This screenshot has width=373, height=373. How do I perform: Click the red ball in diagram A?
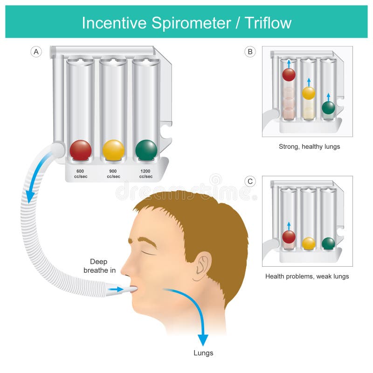click(x=80, y=150)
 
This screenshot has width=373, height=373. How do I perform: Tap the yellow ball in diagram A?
click(x=113, y=150)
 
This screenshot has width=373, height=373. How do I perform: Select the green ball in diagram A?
click(x=146, y=150)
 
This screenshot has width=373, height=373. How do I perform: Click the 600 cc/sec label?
click(x=80, y=173)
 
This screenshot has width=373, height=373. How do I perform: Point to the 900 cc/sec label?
click(x=113, y=173)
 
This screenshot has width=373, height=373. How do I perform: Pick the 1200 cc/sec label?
click(x=146, y=173)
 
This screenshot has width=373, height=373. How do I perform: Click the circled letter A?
click(x=36, y=52)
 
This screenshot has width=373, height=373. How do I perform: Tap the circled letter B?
click(x=250, y=52)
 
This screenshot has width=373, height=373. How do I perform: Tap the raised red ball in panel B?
click(x=289, y=75)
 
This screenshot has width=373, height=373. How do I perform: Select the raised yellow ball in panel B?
click(x=308, y=93)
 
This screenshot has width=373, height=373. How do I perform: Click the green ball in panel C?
click(x=328, y=243)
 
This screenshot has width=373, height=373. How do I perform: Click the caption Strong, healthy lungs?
click(x=309, y=146)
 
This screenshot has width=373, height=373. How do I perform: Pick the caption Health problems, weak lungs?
click(x=307, y=276)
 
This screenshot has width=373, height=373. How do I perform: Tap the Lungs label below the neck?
click(x=203, y=352)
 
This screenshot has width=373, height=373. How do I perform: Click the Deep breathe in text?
click(x=99, y=266)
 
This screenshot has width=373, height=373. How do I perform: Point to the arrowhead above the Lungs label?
click(x=203, y=340)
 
